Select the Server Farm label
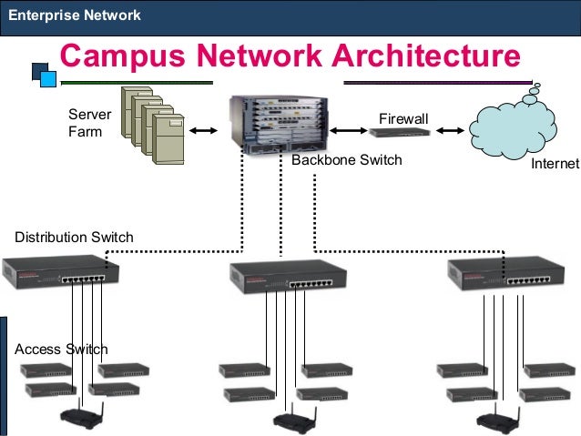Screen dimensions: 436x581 coord(89,123)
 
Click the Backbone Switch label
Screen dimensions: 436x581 coord(346,160)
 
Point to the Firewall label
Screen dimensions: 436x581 coord(403,117)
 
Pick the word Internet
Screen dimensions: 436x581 coord(556,165)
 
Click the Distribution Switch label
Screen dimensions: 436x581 coord(74,238)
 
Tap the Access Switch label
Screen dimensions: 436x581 coord(62,350)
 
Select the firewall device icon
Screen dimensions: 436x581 coord(400,132)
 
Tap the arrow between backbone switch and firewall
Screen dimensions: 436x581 coord(343,131)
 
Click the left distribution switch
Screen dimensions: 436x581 coord(60,271)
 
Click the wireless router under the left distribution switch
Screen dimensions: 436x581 coord(83,418)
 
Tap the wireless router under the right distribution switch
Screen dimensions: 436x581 coord(499,420)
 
